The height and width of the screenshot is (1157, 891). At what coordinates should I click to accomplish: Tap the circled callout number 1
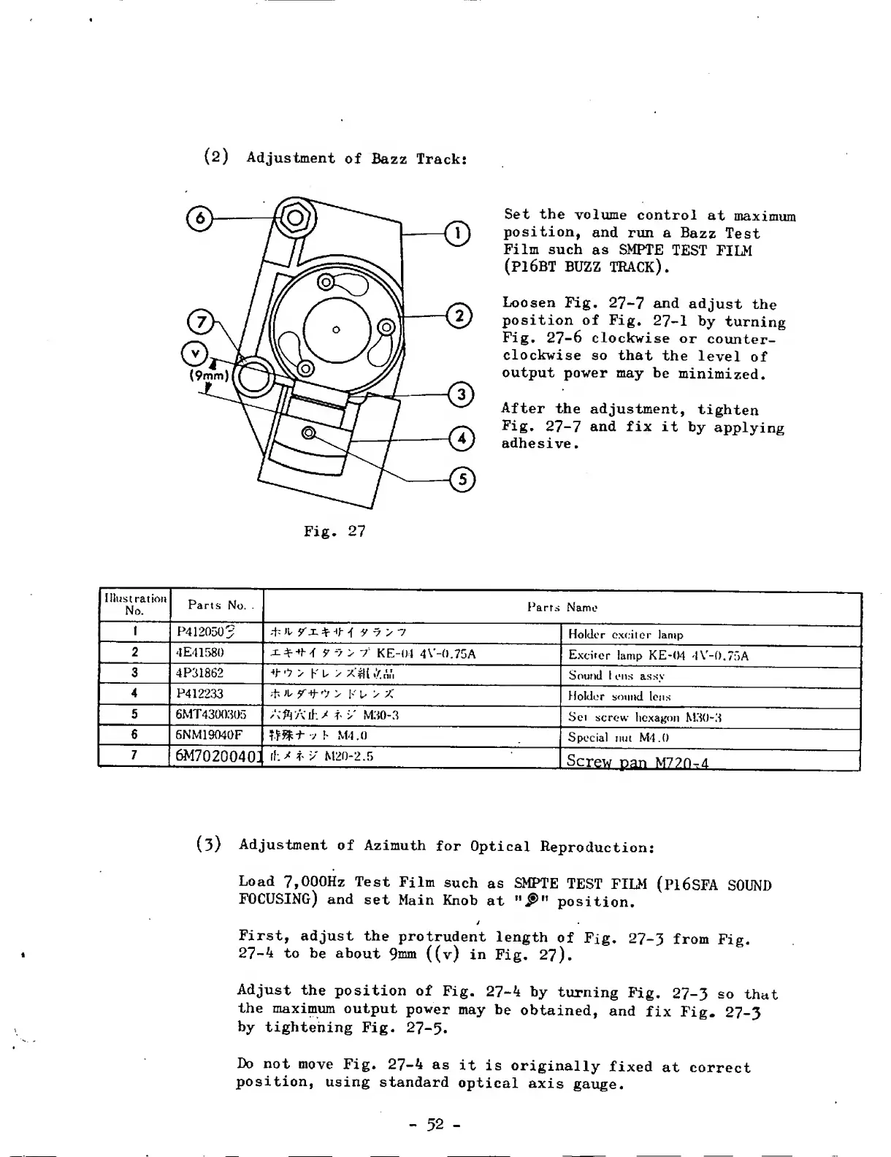(458, 234)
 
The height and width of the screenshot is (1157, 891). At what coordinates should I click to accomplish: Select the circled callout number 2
(459, 316)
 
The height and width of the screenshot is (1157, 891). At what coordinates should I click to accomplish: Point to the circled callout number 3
(461, 395)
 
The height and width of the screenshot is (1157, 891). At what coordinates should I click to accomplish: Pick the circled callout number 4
(461, 439)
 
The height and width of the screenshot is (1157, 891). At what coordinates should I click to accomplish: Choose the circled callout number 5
(462, 480)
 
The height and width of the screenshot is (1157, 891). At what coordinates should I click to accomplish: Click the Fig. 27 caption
(334, 532)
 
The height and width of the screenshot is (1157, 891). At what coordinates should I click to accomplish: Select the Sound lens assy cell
(616, 675)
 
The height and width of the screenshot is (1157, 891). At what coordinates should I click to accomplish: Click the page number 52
(435, 1125)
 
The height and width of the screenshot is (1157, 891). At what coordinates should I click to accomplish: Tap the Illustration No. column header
(134, 605)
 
